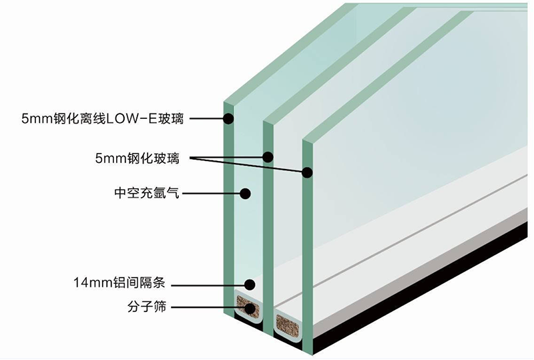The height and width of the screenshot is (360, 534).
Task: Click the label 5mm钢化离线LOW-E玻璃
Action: pos(103,119)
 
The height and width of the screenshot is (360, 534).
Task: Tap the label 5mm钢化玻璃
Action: pos(138,158)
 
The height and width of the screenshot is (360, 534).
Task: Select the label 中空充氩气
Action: pos(147,193)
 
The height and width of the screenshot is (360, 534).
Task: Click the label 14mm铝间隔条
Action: pos(119,283)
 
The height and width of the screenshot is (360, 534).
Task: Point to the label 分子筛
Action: pos(147,307)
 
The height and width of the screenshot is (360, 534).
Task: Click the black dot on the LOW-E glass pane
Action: pos(228,119)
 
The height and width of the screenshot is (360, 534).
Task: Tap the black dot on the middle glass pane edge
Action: pos(268,157)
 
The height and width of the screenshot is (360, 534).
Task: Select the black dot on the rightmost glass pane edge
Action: pos(307,172)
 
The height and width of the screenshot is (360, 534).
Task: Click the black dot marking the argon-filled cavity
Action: pos(245,194)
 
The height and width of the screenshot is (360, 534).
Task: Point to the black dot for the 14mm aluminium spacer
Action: pos(250,285)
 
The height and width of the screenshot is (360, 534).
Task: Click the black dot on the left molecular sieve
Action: pos(250,308)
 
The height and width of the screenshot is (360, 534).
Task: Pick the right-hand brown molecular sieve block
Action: pos(288,324)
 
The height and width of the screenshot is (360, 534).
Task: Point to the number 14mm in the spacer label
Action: pos(93,283)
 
